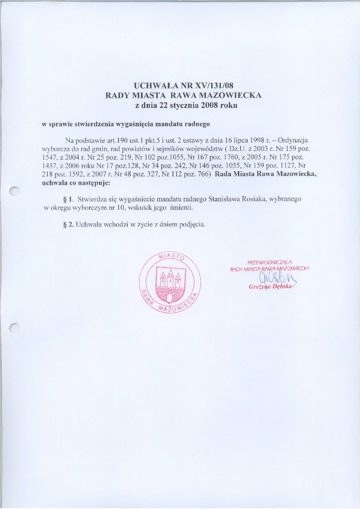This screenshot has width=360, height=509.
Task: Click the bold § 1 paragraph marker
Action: click(x=68, y=199)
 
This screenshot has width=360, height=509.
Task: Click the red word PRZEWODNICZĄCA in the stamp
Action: click(x=267, y=262)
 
